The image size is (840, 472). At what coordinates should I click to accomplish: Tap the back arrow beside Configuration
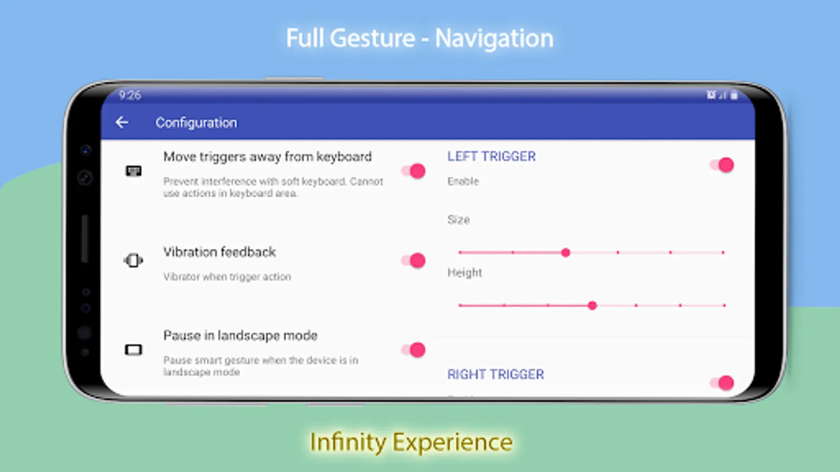click(122, 123)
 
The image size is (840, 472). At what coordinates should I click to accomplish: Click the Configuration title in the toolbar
click(196, 123)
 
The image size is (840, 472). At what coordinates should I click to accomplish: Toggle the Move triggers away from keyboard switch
click(414, 171)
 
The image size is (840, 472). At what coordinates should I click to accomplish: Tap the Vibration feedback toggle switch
click(414, 261)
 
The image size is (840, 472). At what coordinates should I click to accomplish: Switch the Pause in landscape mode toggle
click(414, 350)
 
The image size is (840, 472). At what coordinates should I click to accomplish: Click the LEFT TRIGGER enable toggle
click(722, 165)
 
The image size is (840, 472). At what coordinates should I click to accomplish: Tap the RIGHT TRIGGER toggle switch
click(722, 383)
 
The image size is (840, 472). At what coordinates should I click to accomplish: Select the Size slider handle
click(565, 253)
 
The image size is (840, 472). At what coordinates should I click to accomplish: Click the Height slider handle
click(592, 305)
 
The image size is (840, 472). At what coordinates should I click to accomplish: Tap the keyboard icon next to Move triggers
click(133, 171)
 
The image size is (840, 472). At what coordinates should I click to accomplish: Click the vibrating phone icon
click(133, 261)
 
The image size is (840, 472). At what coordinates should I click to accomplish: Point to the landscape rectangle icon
click(133, 350)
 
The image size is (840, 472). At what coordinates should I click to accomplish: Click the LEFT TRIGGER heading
click(491, 156)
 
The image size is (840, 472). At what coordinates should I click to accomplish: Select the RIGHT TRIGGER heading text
click(495, 374)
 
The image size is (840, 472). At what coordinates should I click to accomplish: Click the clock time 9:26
click(130, 95)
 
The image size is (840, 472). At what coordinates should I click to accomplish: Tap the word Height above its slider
click(464, 273)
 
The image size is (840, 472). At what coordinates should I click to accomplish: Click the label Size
click(458, 220)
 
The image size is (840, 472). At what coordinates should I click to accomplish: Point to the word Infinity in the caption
click(348, 442)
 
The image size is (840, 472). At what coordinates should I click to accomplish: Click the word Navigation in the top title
click(494, 39)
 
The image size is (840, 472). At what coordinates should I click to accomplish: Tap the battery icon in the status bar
click(734, 95)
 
